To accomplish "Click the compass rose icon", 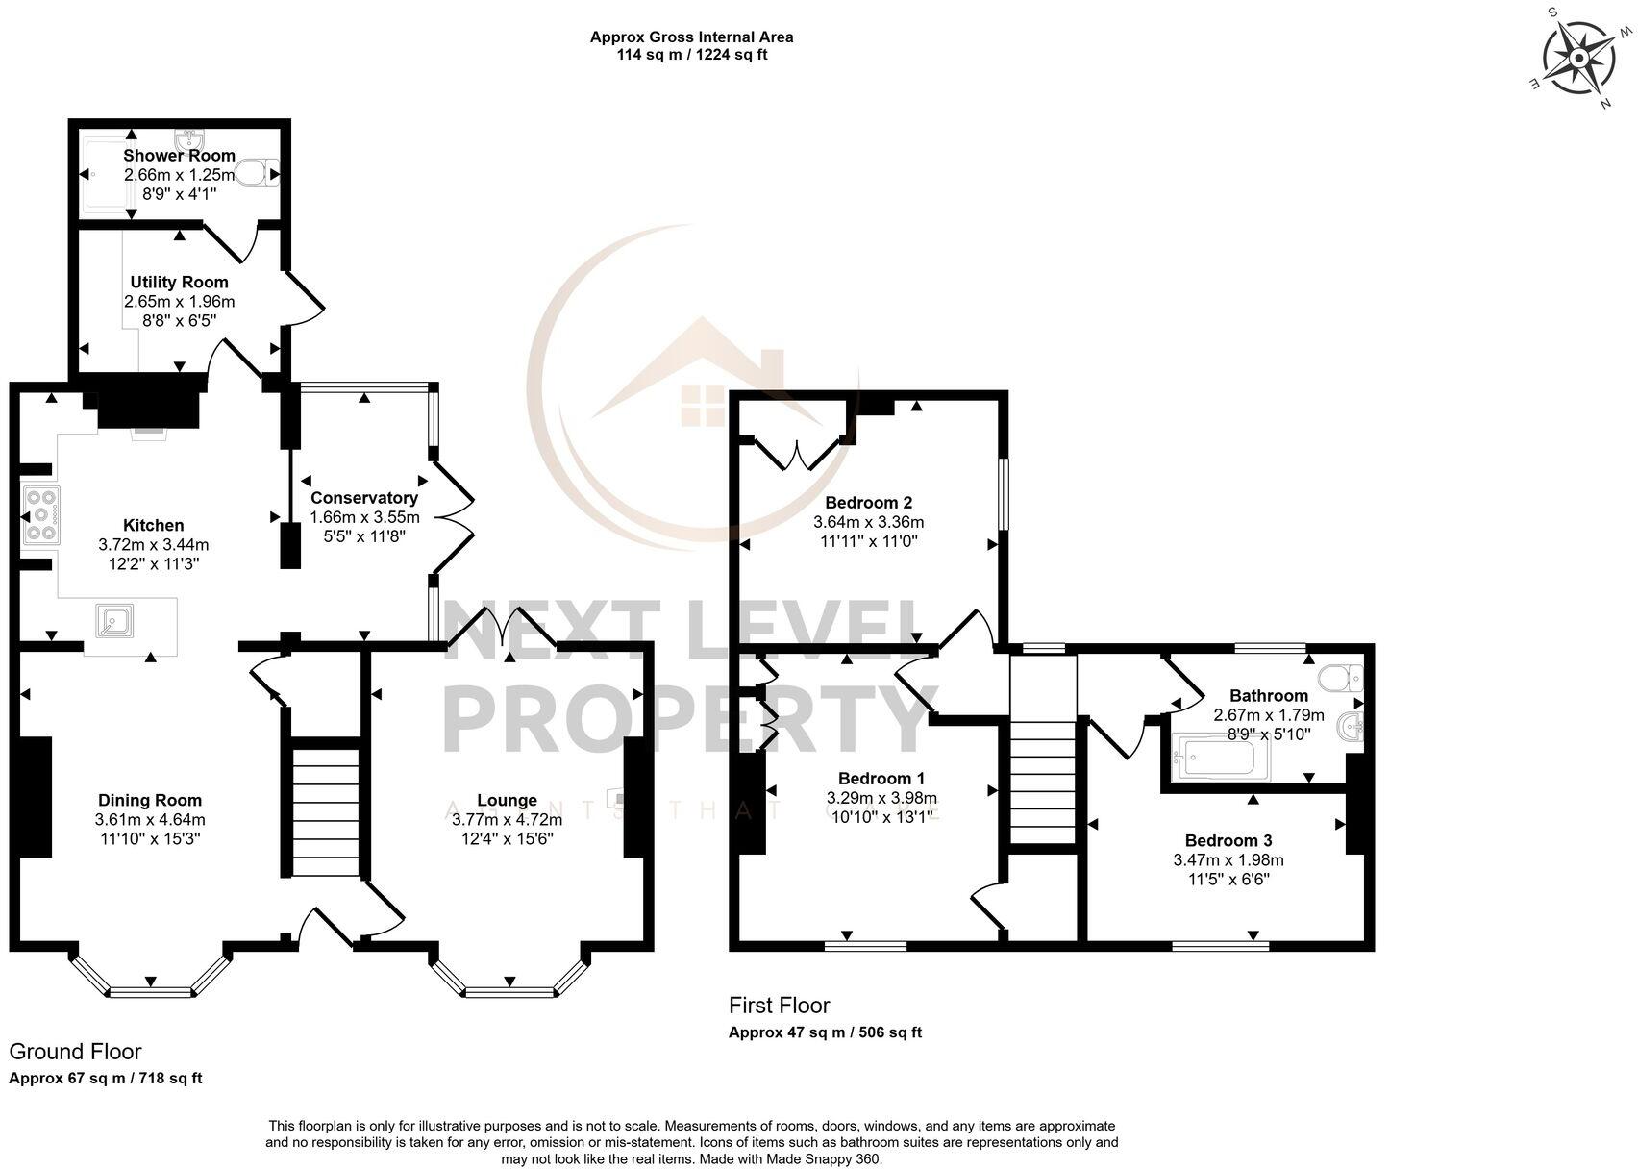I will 1577,58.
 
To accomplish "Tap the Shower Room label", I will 179,156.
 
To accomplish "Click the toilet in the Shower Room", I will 257,174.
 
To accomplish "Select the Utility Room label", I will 179,282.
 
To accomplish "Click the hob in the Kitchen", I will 41,514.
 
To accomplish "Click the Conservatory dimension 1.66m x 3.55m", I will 363,517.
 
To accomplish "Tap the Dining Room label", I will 150,800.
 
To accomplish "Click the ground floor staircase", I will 324,812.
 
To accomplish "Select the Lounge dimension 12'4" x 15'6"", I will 507,839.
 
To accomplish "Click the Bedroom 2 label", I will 868,502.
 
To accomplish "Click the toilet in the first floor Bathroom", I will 1341,679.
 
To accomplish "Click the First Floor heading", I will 779,1006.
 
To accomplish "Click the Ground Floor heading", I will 75,1052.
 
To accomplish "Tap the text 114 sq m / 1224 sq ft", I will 691,55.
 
